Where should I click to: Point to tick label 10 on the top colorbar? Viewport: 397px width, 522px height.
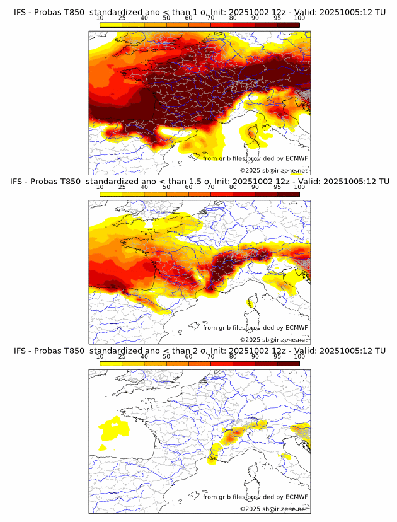coord(100,18)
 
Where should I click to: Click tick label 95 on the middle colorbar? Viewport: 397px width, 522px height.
coord(277,187)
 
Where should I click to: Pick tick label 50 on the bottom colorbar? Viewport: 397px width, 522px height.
coord(166,356)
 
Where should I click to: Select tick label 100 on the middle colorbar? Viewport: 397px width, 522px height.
coord(299,187)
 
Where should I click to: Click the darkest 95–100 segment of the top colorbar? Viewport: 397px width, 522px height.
coord(288,25)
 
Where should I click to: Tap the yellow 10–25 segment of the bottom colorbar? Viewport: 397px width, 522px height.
coord(111,363)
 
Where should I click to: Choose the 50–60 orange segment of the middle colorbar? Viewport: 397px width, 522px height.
coord(177,194)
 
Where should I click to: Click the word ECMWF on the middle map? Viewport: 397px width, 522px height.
coord(296,328)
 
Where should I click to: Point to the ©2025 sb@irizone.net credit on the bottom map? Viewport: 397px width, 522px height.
coord(273,509)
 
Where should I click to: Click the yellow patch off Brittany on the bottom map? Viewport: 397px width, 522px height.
coord(113,429)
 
